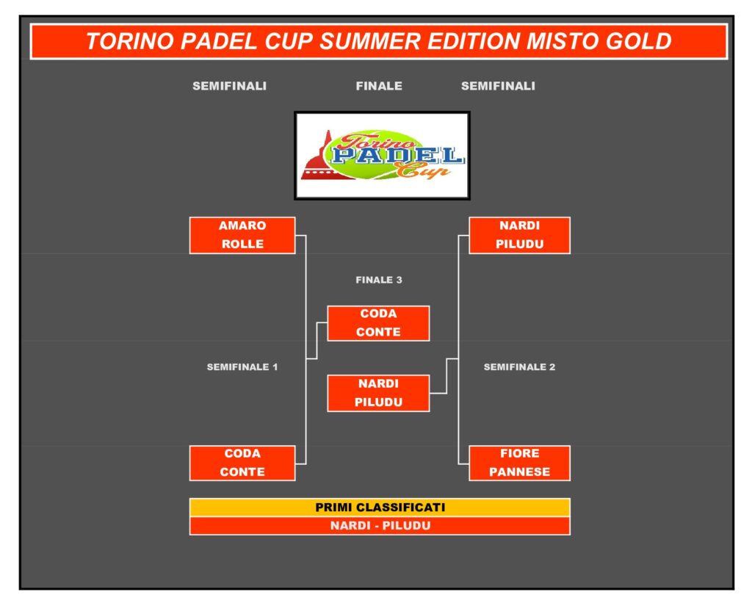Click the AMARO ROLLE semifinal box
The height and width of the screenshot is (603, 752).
[x=242, y=235]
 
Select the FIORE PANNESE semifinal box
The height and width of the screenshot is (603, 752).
[x=519, y=463]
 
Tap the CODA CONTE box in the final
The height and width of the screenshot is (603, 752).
[x=378, y=323]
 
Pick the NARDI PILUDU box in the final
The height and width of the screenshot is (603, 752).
[x=378, y=393]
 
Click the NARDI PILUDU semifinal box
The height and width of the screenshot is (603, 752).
[x=519, y=235]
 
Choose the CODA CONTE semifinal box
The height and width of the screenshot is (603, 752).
[x=242, y=463]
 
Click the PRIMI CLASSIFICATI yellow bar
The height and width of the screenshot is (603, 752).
[x=380, y=507]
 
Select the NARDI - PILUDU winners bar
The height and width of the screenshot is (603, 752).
[x=380, y=526]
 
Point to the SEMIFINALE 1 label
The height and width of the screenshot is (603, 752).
[x=242, y=367]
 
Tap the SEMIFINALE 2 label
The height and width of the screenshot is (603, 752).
[x=519, y=367]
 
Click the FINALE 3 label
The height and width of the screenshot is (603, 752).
[x=379, y=280]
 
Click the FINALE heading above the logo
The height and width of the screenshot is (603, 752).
[x=379, y=86]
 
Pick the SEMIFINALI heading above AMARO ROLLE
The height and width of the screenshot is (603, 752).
[x=229, y=86]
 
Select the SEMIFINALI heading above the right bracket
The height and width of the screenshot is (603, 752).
[x=498, y=86]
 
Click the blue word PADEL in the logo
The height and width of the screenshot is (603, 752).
[x=398, y=155]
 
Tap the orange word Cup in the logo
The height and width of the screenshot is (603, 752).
[x=422, y=170]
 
